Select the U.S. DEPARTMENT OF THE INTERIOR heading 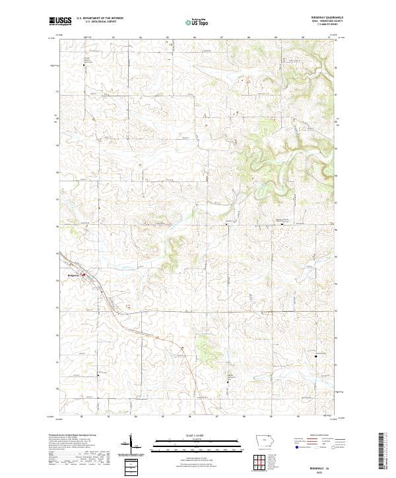tap(100, 18)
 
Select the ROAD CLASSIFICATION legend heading tap(318, 436)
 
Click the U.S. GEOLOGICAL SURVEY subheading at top tap(100, 22)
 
